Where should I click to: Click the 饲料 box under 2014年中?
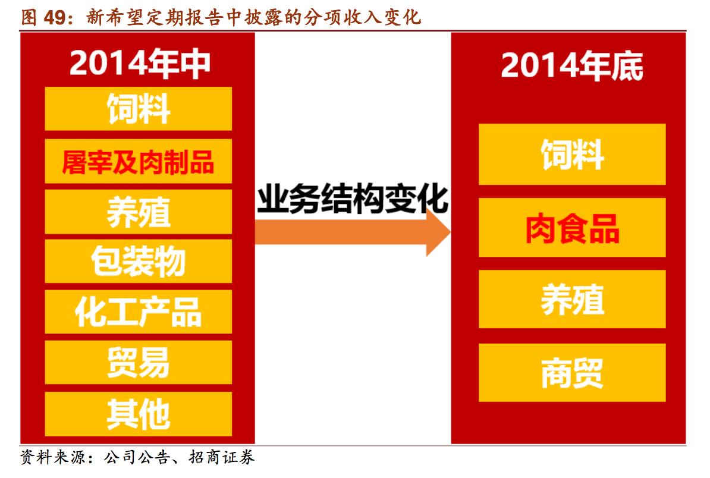click(x=138, y=109)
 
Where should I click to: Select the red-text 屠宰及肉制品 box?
click(x=138, y=161)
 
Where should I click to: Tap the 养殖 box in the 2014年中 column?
click(x=138, y=212)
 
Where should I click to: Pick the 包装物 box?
click(x=138, y=262)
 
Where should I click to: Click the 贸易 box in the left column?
click(x=138, y=362)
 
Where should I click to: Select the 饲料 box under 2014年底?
click(x=571, y=155)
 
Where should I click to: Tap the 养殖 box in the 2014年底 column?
click(x=571, y=299)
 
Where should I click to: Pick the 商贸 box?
click(x=571, y=372)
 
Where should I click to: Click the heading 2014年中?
click(x=140, y=64)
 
